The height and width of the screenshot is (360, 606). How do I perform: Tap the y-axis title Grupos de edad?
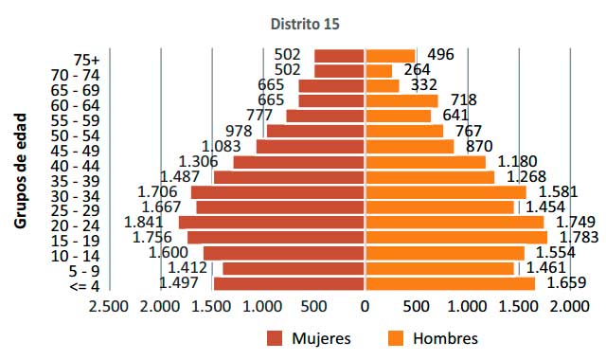(x=20, y=171)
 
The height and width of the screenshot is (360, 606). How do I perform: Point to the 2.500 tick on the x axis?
(x=108, y=307)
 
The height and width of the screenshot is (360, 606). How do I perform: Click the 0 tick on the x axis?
(x=365, y=307)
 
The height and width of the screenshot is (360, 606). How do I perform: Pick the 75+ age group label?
(x=86, y=59)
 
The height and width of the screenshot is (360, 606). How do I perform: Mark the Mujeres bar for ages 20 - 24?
(x=272, y=223)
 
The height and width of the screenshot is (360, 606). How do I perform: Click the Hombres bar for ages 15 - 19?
(x=456, y=238)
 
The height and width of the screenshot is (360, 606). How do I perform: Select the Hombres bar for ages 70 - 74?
(x=379, y=70)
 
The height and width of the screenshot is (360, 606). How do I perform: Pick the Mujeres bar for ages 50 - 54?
(x=316, y=131)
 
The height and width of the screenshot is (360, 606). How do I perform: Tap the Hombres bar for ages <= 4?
(x=450, y=282)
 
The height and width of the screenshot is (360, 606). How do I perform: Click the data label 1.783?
(x=578, y=238)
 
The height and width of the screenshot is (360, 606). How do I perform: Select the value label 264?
(x=418, y=70)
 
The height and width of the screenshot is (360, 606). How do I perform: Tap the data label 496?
(x=440, y=55)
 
